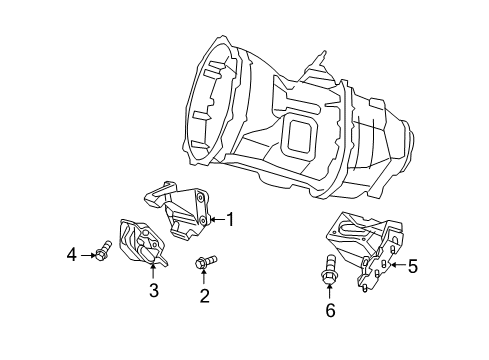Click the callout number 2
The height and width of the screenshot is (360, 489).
tap(204, 295)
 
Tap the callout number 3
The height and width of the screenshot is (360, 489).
tap(154, 291)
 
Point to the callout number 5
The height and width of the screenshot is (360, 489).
tap(412, 265)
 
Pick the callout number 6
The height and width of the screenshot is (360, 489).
tap(331, 310)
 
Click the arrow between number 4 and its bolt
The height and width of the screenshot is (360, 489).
tap(86, 254)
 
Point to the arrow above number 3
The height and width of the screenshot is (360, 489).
tap(153, 272)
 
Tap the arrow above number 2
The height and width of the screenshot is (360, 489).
tap(204, 278)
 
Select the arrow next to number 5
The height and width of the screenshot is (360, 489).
tap(396, 265)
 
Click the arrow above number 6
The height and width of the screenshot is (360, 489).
tap(331, 292)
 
